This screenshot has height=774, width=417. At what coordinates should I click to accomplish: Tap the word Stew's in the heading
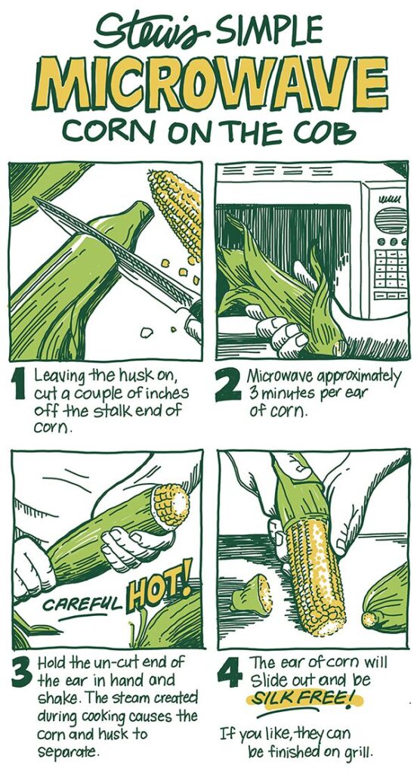(154, 30)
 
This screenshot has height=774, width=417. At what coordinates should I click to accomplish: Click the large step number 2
(228, 386)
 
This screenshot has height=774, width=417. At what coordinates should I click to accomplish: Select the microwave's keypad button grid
(391, 268)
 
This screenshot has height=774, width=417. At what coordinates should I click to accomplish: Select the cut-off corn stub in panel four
(252, 594)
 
